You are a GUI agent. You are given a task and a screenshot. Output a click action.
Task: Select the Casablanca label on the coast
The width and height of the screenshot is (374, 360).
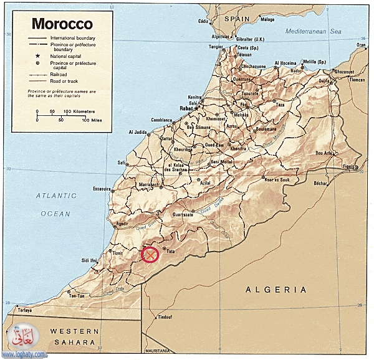[x=160, y=120]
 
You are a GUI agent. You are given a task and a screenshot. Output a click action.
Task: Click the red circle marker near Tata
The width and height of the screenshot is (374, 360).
[x=150, y=255]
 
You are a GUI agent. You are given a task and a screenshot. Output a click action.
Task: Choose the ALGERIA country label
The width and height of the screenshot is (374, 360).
[x=276, y=290]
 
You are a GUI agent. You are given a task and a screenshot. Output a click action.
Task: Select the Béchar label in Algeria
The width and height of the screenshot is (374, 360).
[x=320, y=183]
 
